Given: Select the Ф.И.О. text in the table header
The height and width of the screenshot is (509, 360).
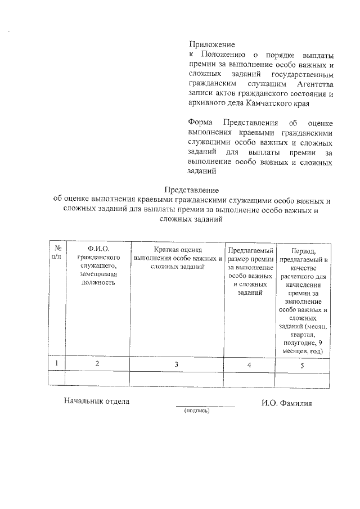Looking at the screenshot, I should coord(97,248).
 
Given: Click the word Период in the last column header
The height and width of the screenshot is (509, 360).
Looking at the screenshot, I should coord(303,250).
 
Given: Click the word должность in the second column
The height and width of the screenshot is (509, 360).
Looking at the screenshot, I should coord(97,282).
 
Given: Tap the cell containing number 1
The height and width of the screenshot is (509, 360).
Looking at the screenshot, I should coord(56,364).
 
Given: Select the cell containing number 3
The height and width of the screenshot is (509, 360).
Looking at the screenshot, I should coord(177,364).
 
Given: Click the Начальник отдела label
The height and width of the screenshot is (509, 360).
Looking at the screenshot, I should coord(97,402).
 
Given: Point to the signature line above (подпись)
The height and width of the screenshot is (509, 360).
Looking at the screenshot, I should coord(205,406).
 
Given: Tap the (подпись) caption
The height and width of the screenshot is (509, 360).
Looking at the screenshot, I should coord(196,411).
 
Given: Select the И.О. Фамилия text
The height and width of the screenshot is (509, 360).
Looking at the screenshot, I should coord(286,403).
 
